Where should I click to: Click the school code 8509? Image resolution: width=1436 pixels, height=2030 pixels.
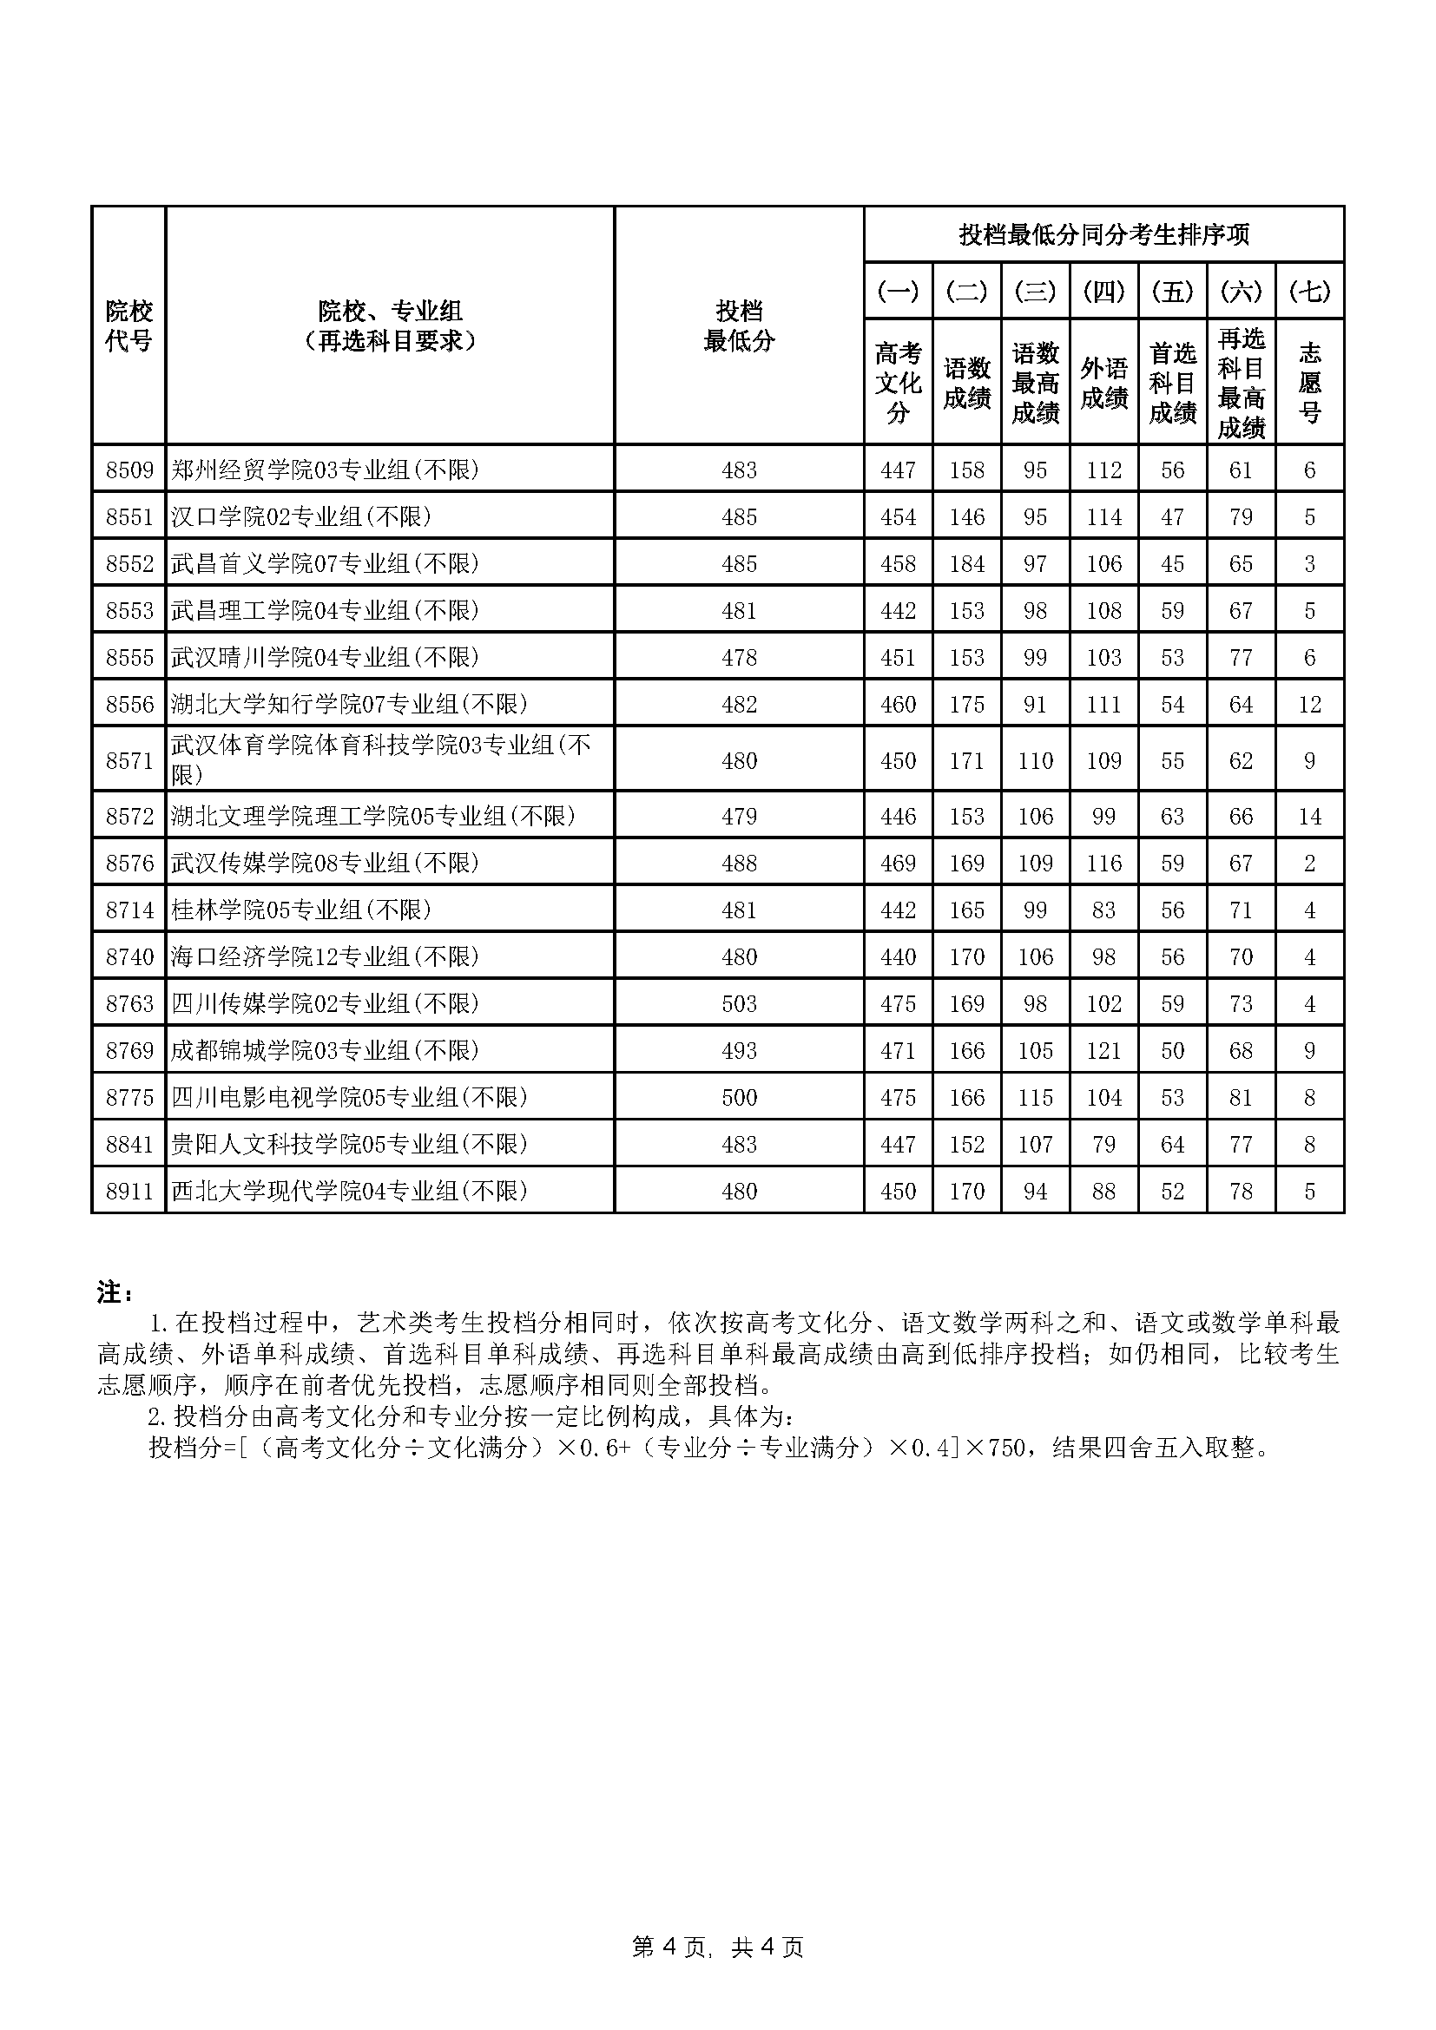click(x=129, y=470)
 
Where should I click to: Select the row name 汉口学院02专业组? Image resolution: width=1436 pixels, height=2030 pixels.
click(x=300, y=516)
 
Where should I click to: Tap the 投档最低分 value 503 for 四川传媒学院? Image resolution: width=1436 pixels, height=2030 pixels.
click(x=738, y=1003)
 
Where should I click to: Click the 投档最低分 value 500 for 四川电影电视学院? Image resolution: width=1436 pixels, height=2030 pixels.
click(x=738, y=1097)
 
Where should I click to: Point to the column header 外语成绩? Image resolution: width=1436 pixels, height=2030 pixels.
click(x=1103, y=383)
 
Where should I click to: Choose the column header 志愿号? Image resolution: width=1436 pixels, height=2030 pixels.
click(x=1309, y=383)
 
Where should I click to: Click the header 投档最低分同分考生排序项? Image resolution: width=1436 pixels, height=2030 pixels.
click(x=1103, y=235)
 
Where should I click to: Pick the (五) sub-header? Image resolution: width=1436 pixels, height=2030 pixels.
click(x=1172, y=291)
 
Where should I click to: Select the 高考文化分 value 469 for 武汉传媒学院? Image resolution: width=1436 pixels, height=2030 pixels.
click(x=898, y=863)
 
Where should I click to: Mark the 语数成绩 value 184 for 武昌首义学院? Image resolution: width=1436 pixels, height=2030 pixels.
click(x=966, y=563)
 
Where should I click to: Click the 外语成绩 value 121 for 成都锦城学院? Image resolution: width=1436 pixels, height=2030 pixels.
click(x=1103, y=1050)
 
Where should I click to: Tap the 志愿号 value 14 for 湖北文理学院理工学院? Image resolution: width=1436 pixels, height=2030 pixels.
click(x=1309, y=816)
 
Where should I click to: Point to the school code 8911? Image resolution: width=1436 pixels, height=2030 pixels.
click(x=129, y=1191)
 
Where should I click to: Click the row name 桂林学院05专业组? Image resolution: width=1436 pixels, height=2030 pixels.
click(x=300, y=910)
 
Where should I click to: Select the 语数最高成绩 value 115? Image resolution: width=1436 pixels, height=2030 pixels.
click(x=1035, y=1097)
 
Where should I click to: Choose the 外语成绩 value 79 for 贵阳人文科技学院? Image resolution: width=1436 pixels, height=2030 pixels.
click(x=1103, y=1144)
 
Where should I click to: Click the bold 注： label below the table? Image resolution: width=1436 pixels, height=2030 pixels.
click(x=115, y=1292)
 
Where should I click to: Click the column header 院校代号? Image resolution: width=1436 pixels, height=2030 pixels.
click(x=129, y=325)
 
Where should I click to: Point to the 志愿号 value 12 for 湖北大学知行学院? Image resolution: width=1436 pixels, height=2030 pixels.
click(x=1309, y=704)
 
